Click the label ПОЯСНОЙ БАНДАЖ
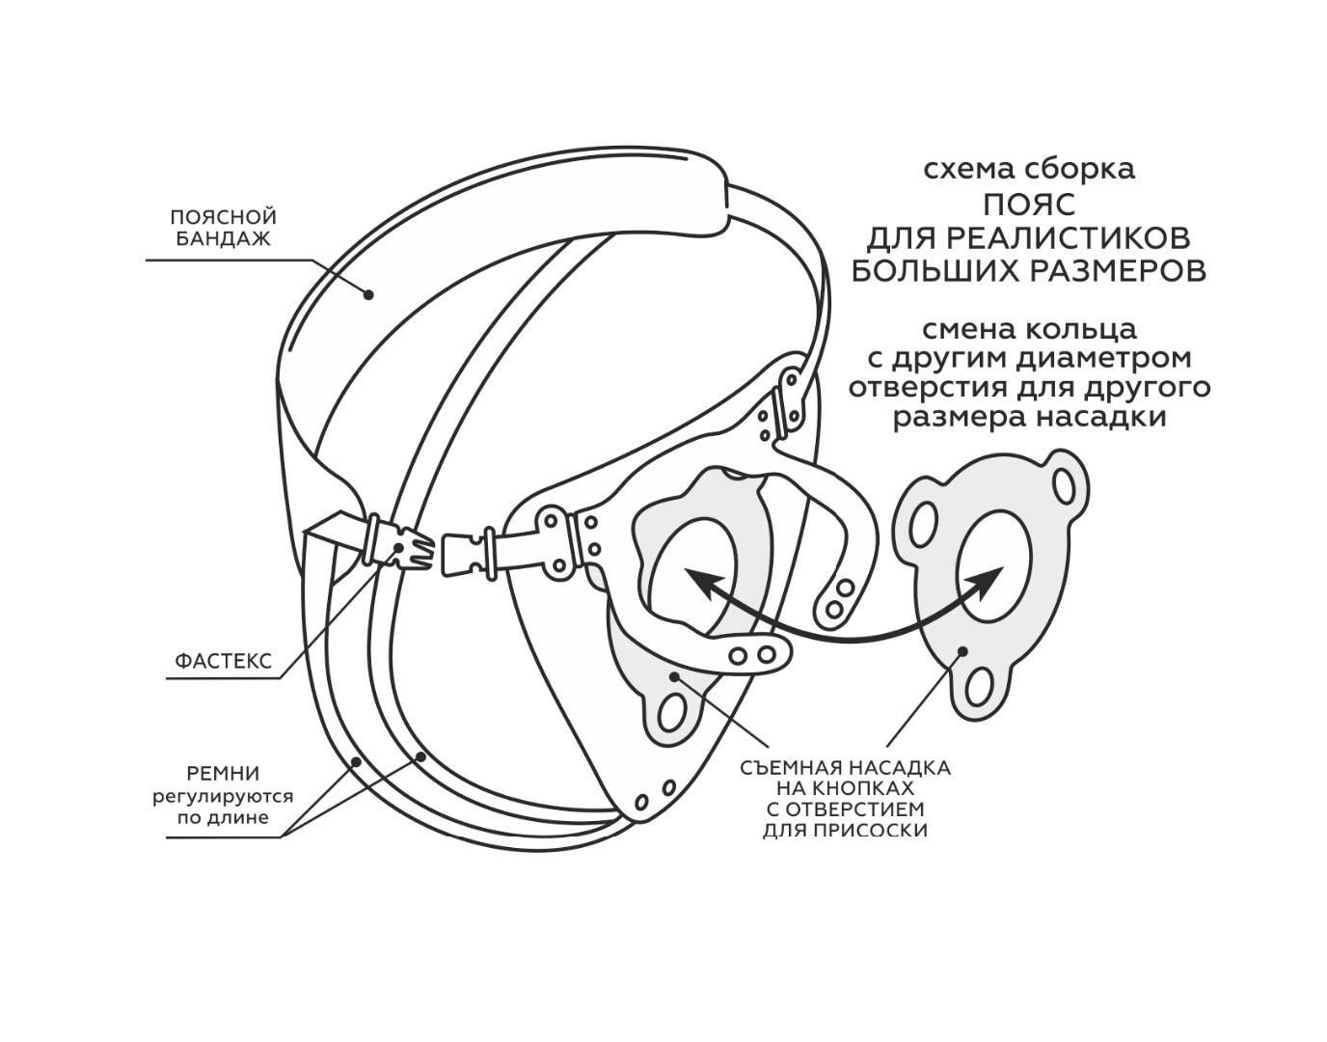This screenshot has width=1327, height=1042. click(223, 228)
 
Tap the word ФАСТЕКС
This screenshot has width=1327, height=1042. click(223, 662)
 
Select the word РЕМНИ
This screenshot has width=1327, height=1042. click(223, 774)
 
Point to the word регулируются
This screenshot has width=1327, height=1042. click(223, 797)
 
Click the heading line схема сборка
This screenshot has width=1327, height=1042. click(1029, 169)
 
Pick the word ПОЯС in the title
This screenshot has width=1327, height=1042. click(1029, 205)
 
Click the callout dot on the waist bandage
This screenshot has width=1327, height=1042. click(368, 293)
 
